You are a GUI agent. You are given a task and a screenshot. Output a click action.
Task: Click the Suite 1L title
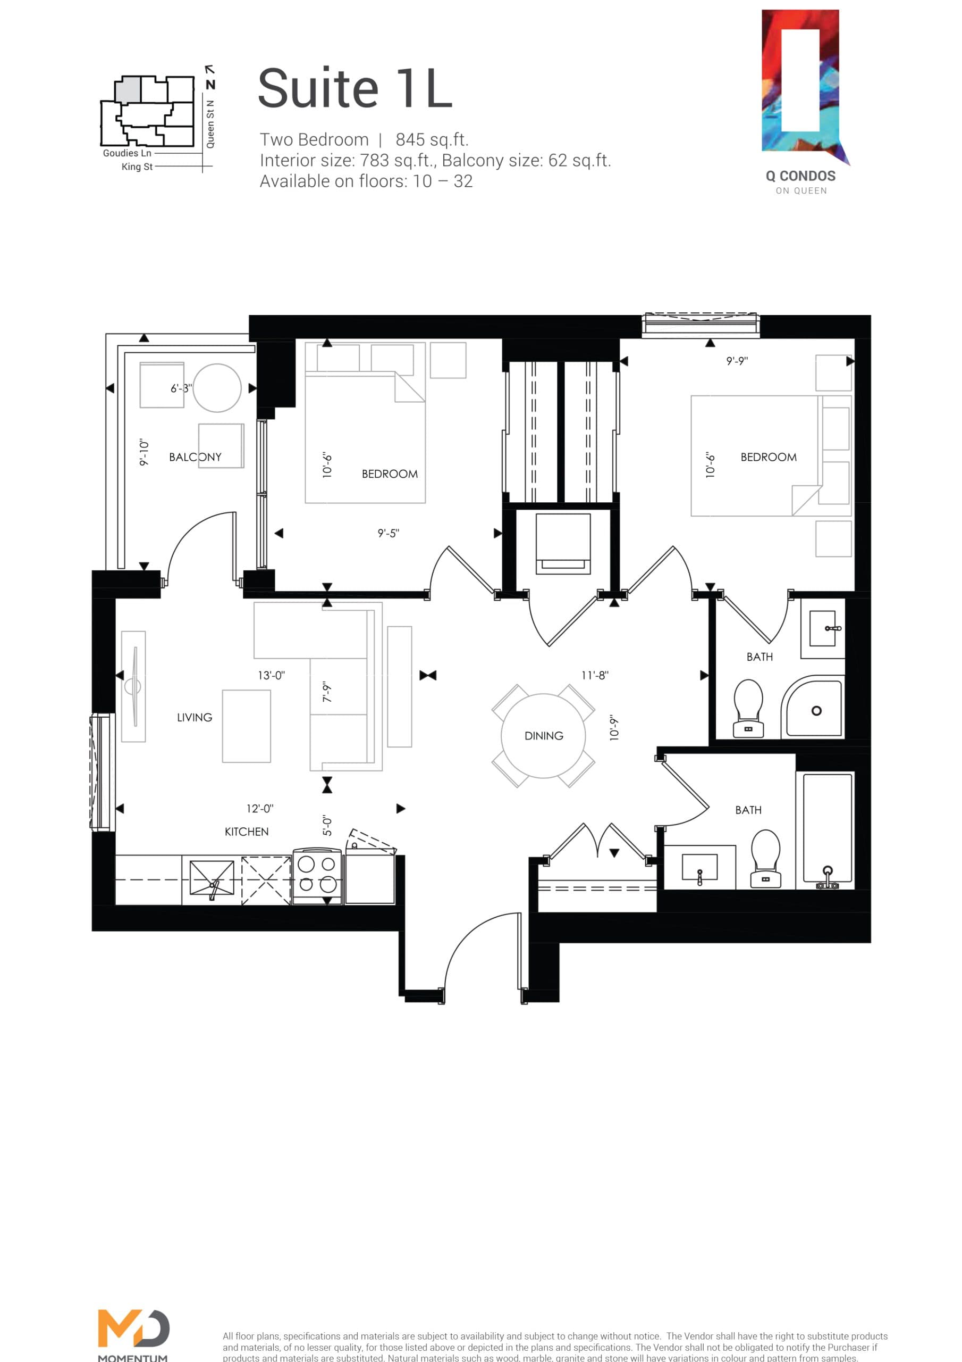tap(355, 88)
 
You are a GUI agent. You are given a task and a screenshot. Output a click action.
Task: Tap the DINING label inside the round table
tap(544, 736)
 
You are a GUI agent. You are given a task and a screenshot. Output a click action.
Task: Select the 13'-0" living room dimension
tap(271, 675)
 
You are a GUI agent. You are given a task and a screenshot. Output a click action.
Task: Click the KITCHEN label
tap(246, 832)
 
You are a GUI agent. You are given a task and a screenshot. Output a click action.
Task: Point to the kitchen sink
tap(212, 878)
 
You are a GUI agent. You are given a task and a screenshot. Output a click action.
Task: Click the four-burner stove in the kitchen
tap(317, 875)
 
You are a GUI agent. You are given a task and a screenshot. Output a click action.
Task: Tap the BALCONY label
tap(195, 457)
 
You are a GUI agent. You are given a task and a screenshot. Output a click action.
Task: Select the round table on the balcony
tap(217, 388)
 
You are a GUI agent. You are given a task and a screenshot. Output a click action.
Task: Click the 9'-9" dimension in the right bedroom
tap(737, 361)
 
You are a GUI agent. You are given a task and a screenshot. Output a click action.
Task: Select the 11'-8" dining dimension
tap(595, 675)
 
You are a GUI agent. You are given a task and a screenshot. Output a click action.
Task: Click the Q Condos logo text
tap(800, 176)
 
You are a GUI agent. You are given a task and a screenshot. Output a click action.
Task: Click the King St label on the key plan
tap(137, 167)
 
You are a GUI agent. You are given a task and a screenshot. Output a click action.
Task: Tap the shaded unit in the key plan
tap(128, 89)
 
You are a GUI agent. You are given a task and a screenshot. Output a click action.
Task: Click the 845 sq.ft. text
tap(432, 139)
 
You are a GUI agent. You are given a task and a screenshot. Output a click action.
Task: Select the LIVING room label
tap(195, 717)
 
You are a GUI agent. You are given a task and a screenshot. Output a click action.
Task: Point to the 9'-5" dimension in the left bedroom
tap(388, 533)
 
